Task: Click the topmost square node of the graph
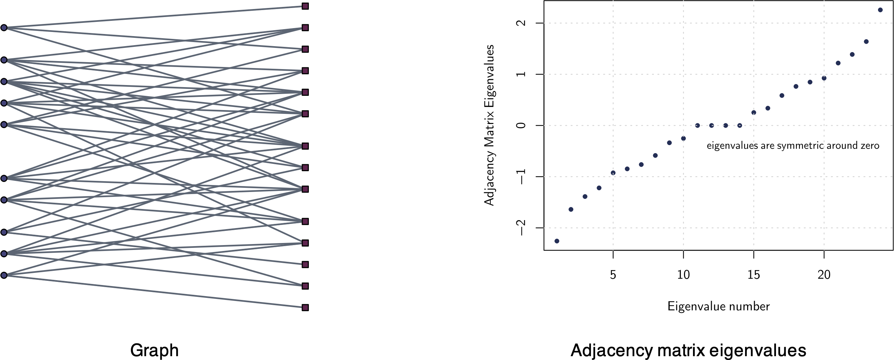305,6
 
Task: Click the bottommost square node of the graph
305,308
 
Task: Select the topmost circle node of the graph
4,28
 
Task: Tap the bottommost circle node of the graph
4,275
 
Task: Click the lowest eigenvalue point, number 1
557,241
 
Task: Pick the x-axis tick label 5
613,275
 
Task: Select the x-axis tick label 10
683,275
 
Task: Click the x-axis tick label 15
754,275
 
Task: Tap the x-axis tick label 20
824,275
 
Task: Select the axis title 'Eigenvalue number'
718,306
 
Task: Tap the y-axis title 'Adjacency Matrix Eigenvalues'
489,125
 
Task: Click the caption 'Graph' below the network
154,350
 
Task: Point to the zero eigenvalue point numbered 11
697,125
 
